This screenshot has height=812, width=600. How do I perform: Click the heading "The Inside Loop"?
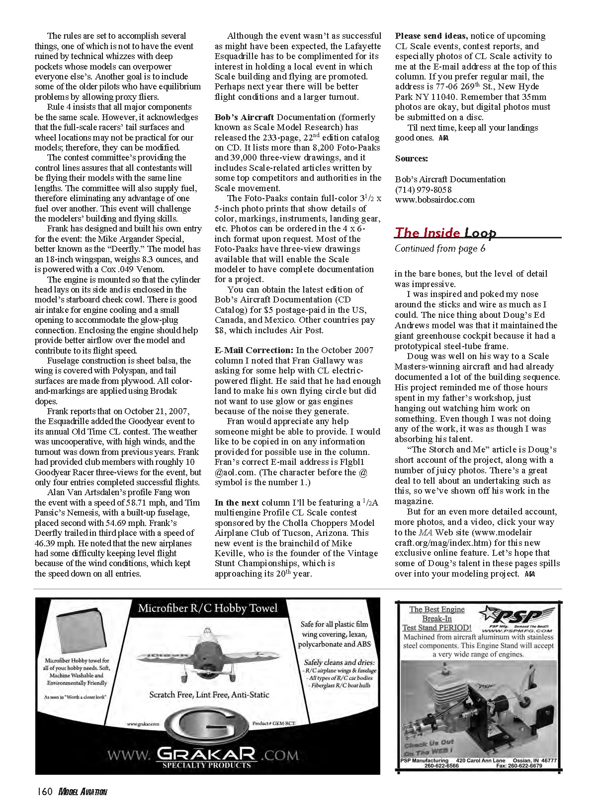pyautogui.click(x=445, y=232)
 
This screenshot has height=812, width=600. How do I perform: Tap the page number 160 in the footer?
pyautogui.click(x=45, y=792)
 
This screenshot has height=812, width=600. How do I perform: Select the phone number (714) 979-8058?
pyautogui.click(x=423, y=189)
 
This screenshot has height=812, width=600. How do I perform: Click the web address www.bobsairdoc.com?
pyautogui.click(x=434, y=200)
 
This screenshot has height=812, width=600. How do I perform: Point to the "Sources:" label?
pyautogui.click(x=411, y=158)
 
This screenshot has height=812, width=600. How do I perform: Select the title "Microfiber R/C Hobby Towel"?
pyautogui.click(x=208, y=608)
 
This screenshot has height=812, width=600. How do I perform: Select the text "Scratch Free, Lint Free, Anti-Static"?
pyautogui.click(x=209, y=695)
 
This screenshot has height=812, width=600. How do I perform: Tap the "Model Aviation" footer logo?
pyautogui.click(x=83, y=792)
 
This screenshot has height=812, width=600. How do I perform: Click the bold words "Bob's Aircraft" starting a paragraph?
pyautogui.click(x=244, y=117)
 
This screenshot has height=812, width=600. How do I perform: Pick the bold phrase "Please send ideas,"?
pyautogui.click(x=430, y=36)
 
